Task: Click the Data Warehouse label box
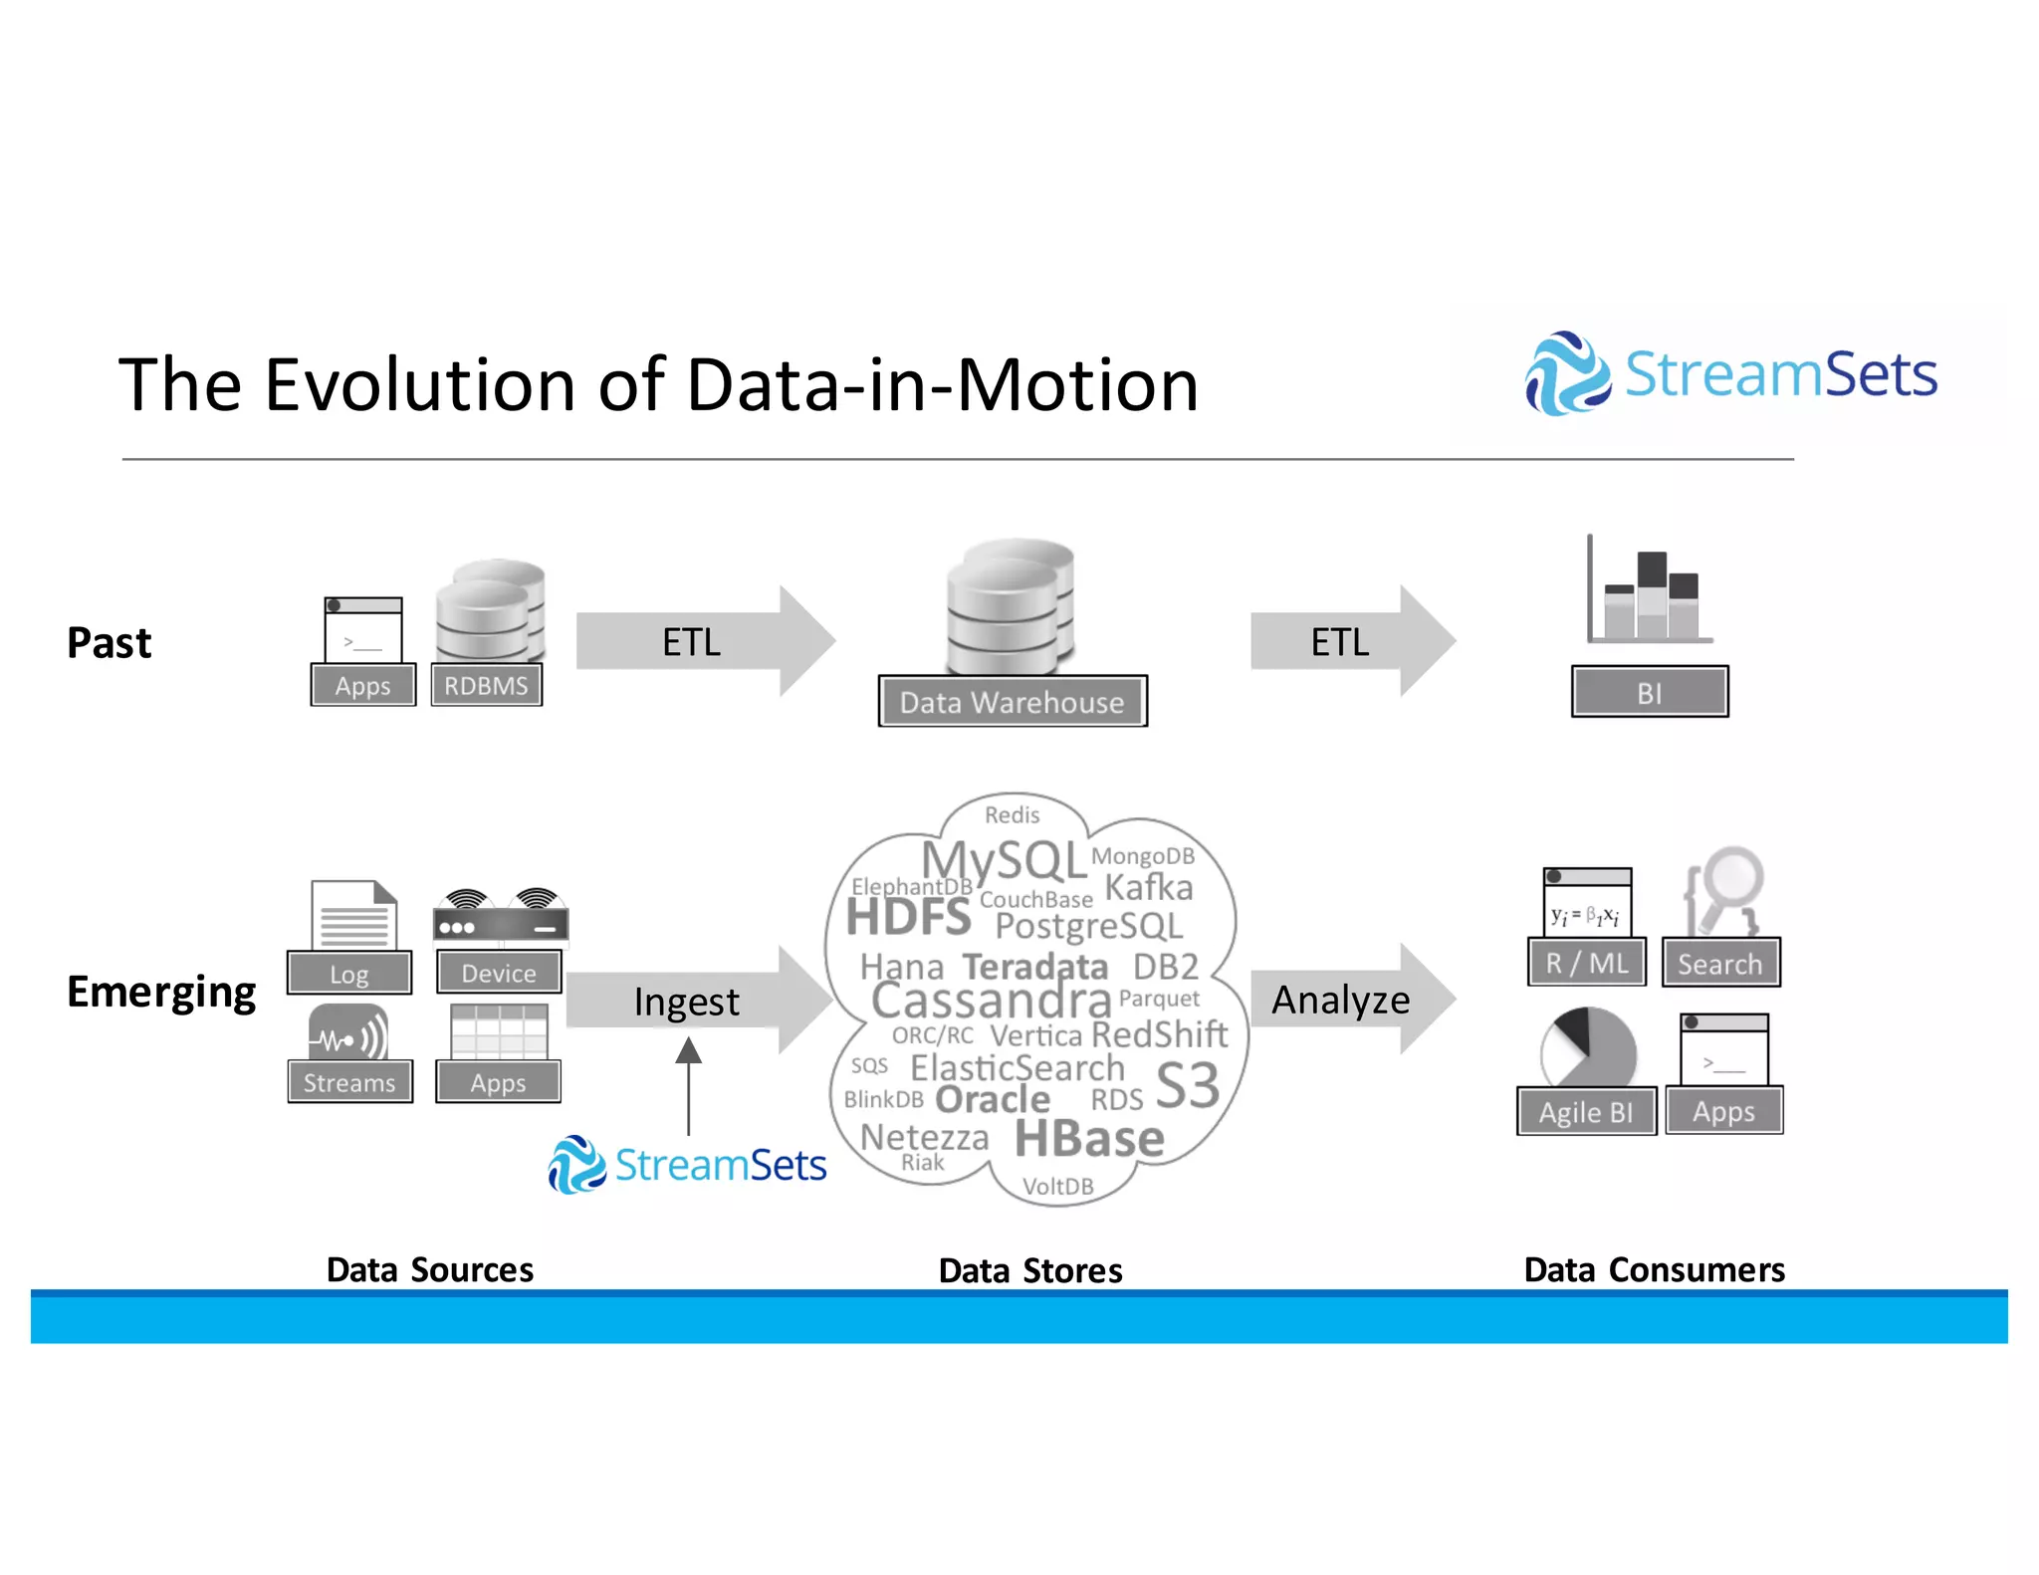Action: pos(1013,702)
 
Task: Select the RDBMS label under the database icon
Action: pos(486,686)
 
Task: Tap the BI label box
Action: pos(1650,692)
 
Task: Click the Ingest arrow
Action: pos(697,1001)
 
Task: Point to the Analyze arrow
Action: pos(1350,999)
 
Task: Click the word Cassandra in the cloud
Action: pos(992,1000)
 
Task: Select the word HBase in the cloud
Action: pos(1089,1139)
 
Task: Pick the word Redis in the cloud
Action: pos(1012,815)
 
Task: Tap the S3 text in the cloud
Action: pos(1187,1085)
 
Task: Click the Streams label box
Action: pos(349,1082)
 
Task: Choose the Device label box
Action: pos(498,973)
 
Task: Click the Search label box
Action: pos(1719,964)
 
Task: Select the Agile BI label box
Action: pos(1586,1112)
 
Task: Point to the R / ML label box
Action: pos(1587,963)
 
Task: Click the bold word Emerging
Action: pos(161,993)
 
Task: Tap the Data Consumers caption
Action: pos(1654,1270)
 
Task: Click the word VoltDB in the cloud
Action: pos(1057,1187)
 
